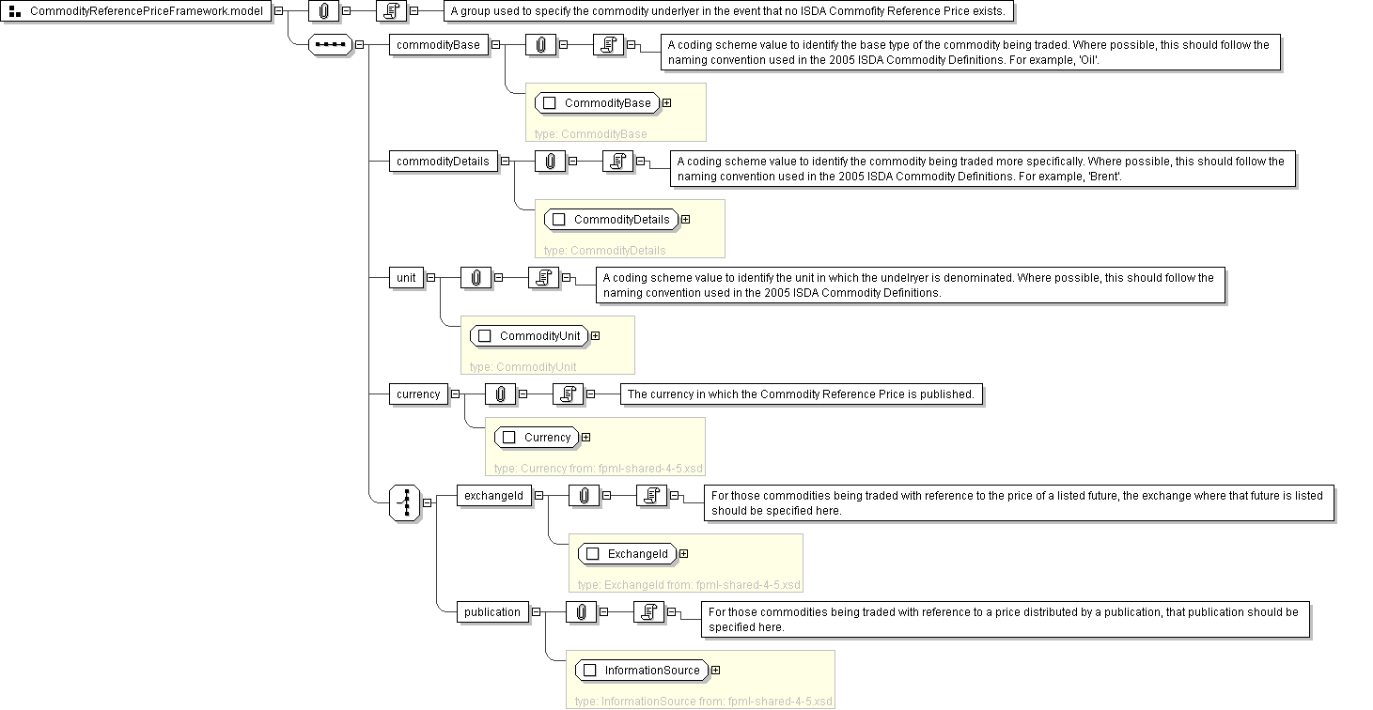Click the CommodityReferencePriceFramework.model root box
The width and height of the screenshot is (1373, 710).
click(x=137, y=11)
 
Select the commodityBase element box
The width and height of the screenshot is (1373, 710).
click(x=438, y=45)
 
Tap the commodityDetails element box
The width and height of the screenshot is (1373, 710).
click(x=443, y=162)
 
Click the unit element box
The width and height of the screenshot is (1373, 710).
click(x=406, y=278)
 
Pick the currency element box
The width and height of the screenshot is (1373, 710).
click(x=418, y=394)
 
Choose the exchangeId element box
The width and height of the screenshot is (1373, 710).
click(x=492, y=496)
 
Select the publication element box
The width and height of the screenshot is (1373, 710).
click(x=491, y=612)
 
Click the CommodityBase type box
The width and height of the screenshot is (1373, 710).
click(x=597, y=103)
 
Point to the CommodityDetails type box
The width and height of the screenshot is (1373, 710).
click(x=611, y=220)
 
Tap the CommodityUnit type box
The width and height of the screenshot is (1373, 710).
click(x=530, y=336)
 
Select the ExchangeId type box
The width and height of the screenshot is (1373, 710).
click(x=627, y=554)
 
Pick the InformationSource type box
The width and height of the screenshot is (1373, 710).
click(x=642, y=671)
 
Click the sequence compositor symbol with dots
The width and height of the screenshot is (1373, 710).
click(x=330, y=45)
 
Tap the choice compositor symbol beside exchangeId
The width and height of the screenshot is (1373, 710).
click(x=405, y=502)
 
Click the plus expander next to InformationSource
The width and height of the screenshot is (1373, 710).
click(x=716, y=671)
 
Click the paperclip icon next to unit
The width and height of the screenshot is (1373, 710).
click(x=476, y=278)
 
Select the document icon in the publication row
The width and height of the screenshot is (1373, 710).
click(x=648, y=612)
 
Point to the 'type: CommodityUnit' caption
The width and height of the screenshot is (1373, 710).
click(x=523, y=367)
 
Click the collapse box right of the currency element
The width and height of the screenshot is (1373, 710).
click(x=456, y=394)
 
